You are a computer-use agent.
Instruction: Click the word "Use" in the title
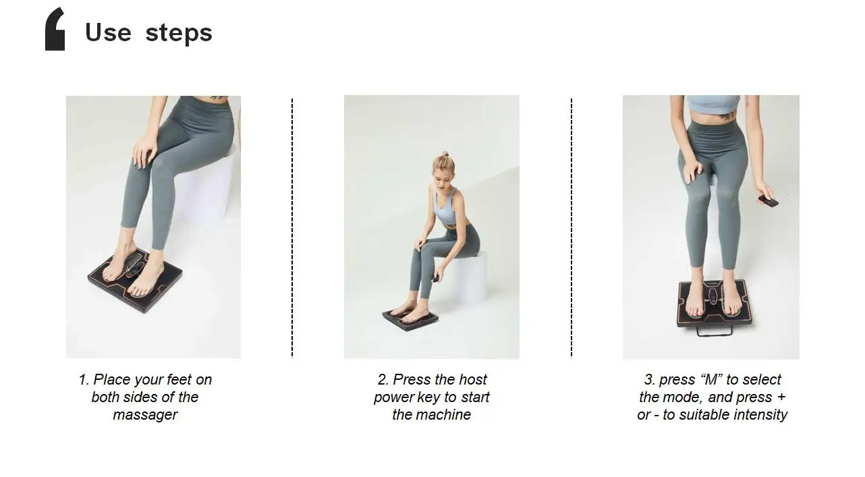coord(108,32)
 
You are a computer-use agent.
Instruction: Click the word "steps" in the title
coord(179,33)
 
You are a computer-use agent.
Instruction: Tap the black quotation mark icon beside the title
coord(55,29)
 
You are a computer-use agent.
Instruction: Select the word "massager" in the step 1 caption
coord(145,415)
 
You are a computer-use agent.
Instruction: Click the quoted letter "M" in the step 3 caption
coord(710,380)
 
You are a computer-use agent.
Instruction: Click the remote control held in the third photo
coord(768,200)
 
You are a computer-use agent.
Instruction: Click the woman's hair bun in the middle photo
coord(444,155)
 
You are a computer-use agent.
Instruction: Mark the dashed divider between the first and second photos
coord(292,227)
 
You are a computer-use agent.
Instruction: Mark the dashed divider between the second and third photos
coord(571,227)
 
